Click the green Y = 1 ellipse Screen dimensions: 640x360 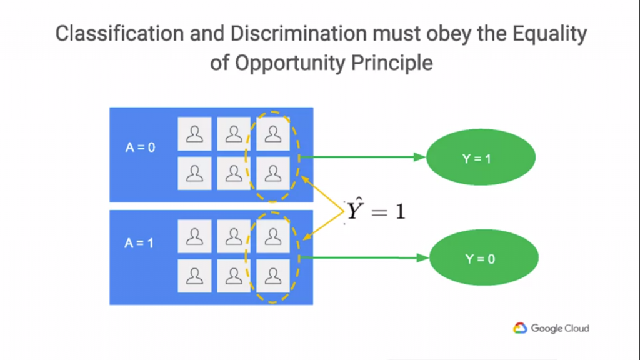pyautogui.click(x=480, y=158)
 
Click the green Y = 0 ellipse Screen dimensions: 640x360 pyautogui.click(x=483, y=258)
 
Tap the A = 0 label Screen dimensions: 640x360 pyautogui.click(x=140, y=148)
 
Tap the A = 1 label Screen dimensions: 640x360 pyautogui.click(x=139, y=242)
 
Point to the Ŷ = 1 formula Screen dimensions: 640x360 pyautogui.click(x=376, y=210)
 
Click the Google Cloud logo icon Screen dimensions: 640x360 pyautogui.click(x=521, y=328)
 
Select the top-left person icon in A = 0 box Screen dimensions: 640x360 pyautogui.click(x=195, y=134)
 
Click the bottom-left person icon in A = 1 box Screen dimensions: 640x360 pyautogui.click(x=195, y=276)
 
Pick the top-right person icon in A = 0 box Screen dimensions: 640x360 pyautogui.click(x=272, y=134)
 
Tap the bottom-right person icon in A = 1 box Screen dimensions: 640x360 pyautogui.click(x=272, y=276)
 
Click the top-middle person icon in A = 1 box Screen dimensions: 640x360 pyautogui.click(x=234, y=237)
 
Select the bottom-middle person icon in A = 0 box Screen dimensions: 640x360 pyautogui.click(x=234, y=173)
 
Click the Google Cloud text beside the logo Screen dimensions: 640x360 pyautogui.click(x=560, y=328)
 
